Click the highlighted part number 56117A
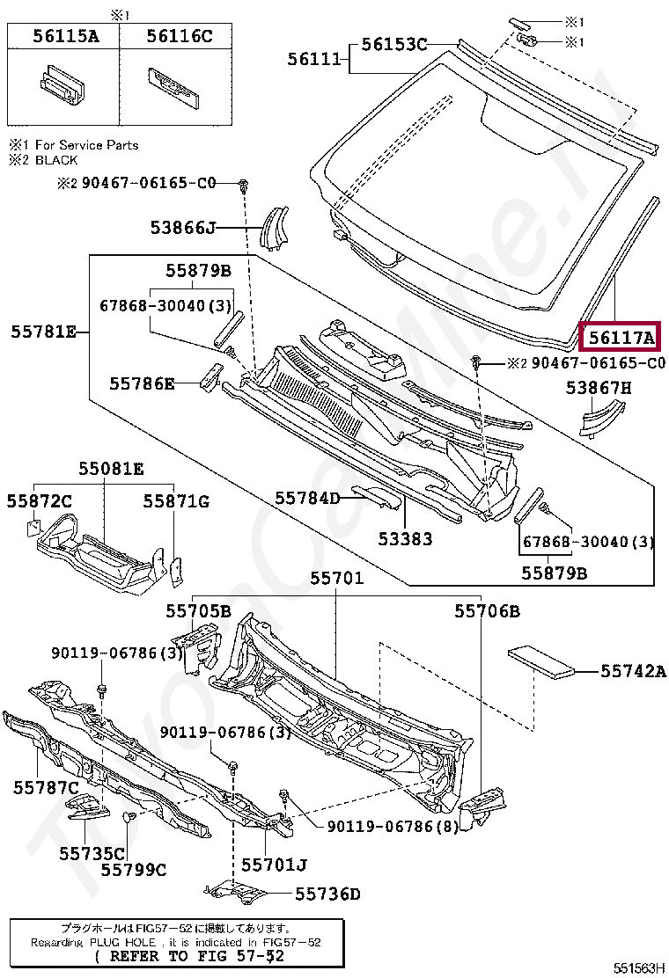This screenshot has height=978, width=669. click(622, 338)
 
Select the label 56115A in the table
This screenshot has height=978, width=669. click(65, 36)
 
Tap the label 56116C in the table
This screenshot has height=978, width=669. click(180, 36)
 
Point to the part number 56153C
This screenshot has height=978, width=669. click(394, 44)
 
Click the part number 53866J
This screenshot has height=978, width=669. click(182, 228)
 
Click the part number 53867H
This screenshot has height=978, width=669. click(599, 387)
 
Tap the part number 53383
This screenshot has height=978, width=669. click(406, 538)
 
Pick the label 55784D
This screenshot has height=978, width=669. click(307, 498)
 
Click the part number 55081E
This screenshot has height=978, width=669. click(111, 469)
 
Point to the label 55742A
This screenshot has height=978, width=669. click(633, 671)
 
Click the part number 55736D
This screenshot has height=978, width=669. click(327, 894)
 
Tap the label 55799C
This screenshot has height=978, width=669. click(133, 870)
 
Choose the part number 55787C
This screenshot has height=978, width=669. click(46, 787)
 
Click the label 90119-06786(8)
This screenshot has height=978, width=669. click(393, 827)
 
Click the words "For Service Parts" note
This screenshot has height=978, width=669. click(86, 144)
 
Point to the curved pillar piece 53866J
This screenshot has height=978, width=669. click(276, 227)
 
